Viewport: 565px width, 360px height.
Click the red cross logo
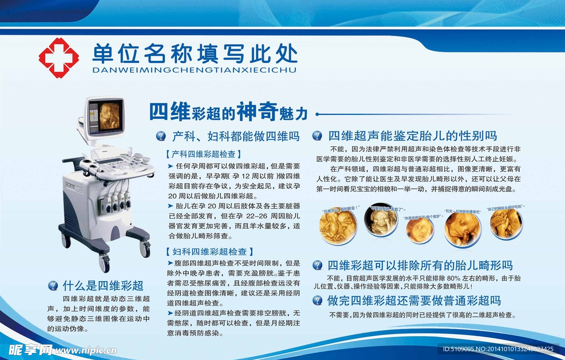[x=58, y=57]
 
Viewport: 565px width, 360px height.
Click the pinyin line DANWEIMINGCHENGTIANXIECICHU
[x=194, y=71]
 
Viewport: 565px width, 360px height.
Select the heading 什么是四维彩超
[x=103, y=285]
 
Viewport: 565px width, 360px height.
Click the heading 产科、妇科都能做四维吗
[x=236, y=135]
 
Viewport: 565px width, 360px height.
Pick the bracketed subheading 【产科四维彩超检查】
[x=203, y=154]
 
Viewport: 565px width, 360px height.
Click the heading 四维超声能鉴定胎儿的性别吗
[x=412, y=135]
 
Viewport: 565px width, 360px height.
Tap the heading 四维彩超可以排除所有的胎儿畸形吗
[x=420, y=265]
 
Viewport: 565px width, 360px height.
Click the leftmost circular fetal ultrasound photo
[x=338, y=226]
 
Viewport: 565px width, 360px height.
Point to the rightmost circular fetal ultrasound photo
[x=505, y=224]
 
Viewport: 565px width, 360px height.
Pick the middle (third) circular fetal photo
[x=420, y=230]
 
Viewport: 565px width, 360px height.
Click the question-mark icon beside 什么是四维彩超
[x=53, y=285]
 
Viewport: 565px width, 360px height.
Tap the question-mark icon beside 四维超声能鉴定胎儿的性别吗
[x=317, y=135]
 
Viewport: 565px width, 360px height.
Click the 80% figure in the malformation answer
[x=453, y=278]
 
